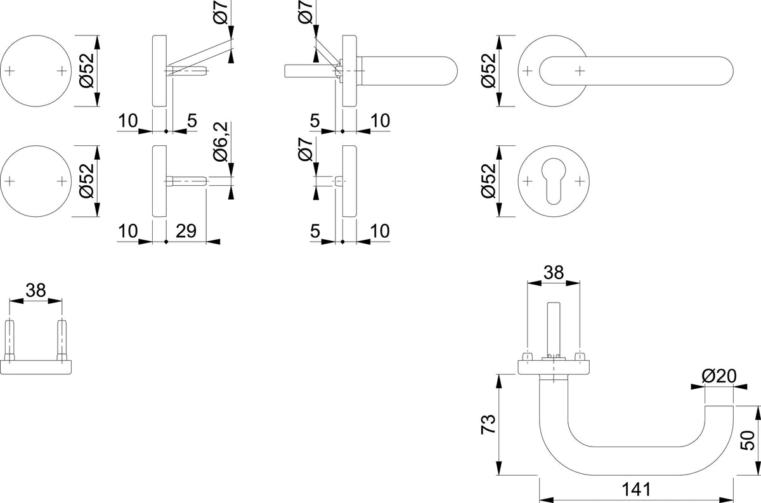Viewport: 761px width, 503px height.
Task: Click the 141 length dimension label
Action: [636, 490]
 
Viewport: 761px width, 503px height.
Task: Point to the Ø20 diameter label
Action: [719, 376]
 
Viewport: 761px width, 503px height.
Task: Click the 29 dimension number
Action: [186, 231]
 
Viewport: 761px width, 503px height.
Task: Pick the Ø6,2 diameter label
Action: [220, 141]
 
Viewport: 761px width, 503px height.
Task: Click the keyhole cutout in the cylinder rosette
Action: [554, 181]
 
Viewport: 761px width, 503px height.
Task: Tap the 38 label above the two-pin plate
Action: [36, 291]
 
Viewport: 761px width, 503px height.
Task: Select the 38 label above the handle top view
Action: [553, 272]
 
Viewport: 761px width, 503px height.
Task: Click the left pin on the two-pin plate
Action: [10, 340]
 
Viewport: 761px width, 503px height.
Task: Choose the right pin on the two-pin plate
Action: [62, 340]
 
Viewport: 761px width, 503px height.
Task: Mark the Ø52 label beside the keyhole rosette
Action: [488, 181]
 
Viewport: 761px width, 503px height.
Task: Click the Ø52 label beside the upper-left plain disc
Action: [86, 70]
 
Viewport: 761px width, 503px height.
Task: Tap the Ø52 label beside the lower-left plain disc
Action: [86, 181]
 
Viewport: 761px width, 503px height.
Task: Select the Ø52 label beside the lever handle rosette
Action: [488, 70]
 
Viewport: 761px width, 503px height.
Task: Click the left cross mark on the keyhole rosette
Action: [527, 181]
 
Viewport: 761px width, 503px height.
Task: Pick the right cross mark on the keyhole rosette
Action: [580, 181]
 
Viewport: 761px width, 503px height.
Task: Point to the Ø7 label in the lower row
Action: [305, 149]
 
